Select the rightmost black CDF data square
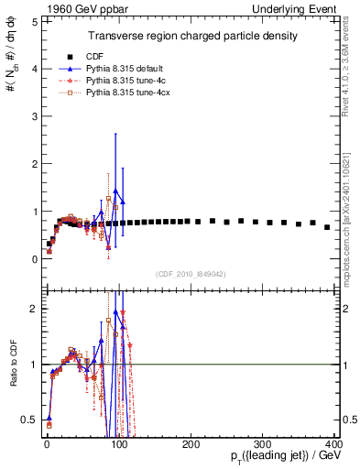coord(327,227)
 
